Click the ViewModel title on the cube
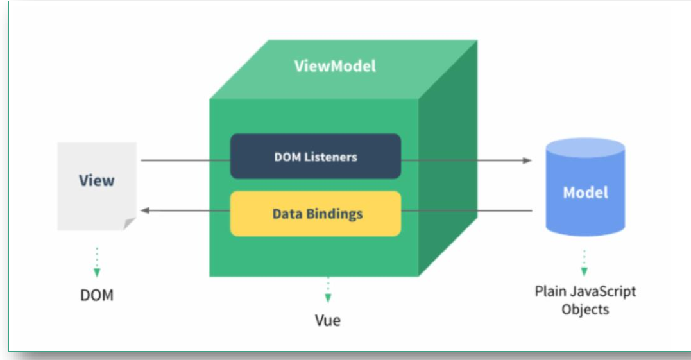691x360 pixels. [335, 66]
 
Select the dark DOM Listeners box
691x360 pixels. [316, 157]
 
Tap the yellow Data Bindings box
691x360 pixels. [316, 214]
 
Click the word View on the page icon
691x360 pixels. [96, 181]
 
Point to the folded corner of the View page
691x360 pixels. [129, 223]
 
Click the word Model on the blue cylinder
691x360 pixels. [585, 193]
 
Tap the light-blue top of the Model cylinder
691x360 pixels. [585, 148]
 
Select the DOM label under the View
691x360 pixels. [96, 295]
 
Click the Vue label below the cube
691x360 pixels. [327, 320]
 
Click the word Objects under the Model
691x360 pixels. [585, 309]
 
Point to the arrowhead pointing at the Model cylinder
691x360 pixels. [527, 160]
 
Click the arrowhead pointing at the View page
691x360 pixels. [145, 210]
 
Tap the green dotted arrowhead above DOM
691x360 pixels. [97, 273]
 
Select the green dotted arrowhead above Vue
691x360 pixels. [328, 298]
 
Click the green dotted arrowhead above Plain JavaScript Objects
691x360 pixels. [584, 272]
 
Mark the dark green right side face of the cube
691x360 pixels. [448, 159]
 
